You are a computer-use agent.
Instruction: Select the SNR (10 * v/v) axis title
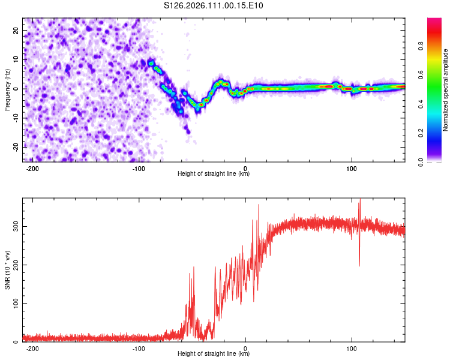coord(7,270)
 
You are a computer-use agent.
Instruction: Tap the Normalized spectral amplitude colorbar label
coord(445,90)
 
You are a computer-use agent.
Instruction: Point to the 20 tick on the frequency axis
coord(16,30)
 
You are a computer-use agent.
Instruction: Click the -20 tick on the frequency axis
coord(15,147)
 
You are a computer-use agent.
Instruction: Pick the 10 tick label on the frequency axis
coord(16,59)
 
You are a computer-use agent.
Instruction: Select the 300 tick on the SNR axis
coord(14,226)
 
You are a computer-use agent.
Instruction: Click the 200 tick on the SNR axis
coord(14,265)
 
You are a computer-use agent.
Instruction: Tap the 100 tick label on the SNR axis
coord(14,304)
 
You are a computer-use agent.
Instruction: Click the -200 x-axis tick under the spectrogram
coord(33,167)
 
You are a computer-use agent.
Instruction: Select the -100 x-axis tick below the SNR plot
coord(139,348)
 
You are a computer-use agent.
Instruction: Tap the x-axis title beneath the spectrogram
coord(214,174)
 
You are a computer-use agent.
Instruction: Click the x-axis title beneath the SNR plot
coord(214,355)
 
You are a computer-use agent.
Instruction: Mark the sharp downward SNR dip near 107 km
coord(359,265)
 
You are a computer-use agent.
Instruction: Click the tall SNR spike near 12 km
coord(259,206)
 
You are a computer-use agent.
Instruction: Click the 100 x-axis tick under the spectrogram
coord(352,167)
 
